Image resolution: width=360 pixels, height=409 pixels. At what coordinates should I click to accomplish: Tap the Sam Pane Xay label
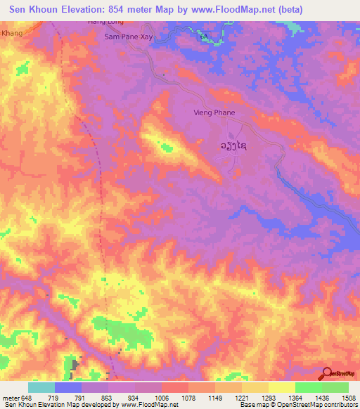(127, 36)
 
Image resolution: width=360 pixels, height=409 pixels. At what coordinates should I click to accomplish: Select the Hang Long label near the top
(104, 22)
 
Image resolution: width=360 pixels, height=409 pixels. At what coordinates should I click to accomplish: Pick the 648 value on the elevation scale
(27, 398)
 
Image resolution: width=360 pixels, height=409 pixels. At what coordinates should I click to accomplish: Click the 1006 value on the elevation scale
(148, 398)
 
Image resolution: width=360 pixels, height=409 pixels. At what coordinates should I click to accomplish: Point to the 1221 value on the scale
(229, 398)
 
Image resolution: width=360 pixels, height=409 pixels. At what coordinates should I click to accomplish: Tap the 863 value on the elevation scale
(96, 398)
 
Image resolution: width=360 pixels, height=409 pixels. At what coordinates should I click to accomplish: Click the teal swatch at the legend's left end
(41, 387)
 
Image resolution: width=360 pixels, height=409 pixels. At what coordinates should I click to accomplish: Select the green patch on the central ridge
(167, 147)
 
